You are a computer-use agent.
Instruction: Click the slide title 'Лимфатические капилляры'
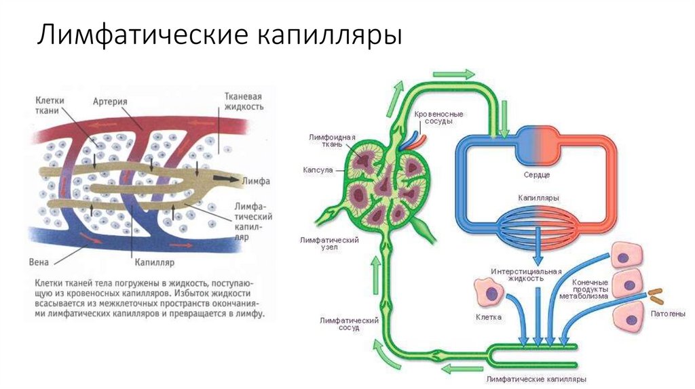219,36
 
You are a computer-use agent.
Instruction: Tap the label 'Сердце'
536,174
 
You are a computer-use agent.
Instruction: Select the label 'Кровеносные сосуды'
434,117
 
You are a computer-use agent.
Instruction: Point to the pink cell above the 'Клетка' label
490,293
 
